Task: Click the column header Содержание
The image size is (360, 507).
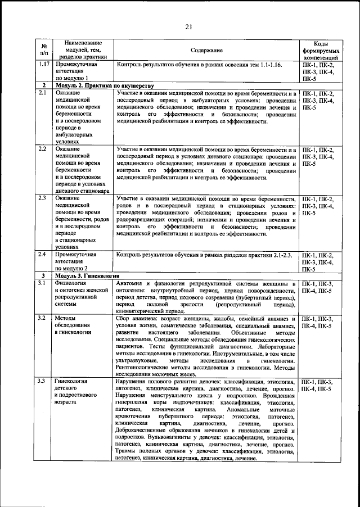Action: point(206,51)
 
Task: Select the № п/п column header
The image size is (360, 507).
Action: point(44,51)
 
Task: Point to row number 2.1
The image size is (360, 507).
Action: point(43,93)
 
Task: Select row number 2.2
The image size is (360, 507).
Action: point(43,149)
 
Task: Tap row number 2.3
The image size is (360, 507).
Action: point(43,199)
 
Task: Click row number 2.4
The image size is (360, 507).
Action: point(43,255)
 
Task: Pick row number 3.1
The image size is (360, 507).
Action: point(43,283)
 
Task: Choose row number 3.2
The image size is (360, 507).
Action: point(43,318)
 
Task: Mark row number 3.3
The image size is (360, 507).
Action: point(43,382)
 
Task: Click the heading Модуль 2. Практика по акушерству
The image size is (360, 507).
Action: point(105,85)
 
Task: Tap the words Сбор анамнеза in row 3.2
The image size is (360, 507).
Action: point(136,318)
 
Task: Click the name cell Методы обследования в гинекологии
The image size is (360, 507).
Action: point(79,325)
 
